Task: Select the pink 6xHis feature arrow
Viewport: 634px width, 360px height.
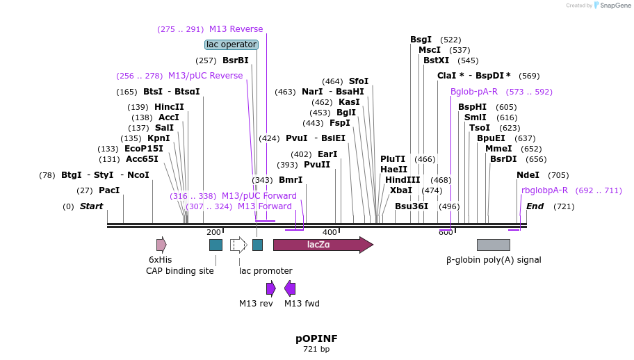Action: click(161, 245)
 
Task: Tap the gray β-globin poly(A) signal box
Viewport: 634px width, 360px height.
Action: click(493, 245)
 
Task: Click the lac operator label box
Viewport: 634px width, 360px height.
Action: click(231, 44)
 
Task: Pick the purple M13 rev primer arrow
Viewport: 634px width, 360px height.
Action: click(271, 288)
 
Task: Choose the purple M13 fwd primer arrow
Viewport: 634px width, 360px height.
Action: click(290, 288)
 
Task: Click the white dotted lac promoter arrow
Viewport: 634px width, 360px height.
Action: click(238, 245)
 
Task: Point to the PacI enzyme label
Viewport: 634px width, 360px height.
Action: click(109, 190)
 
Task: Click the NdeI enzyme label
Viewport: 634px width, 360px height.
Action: click(528, 175)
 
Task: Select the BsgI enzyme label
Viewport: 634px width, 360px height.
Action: click(421, 40)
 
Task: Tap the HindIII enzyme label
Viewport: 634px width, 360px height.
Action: click(403, 179)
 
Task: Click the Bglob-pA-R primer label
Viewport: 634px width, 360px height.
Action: click(474, 92)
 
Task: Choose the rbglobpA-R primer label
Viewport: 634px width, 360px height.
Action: click(544, 190)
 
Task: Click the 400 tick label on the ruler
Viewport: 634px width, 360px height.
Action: click(330, 232)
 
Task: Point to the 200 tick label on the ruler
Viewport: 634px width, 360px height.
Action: click(213, 232)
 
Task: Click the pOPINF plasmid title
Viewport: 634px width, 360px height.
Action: click(316, 338)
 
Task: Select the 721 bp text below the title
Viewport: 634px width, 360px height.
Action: click(316, 349)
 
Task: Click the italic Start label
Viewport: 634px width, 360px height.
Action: click(91, 206)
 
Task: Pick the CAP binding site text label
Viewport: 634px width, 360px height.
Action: click(180, 271)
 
